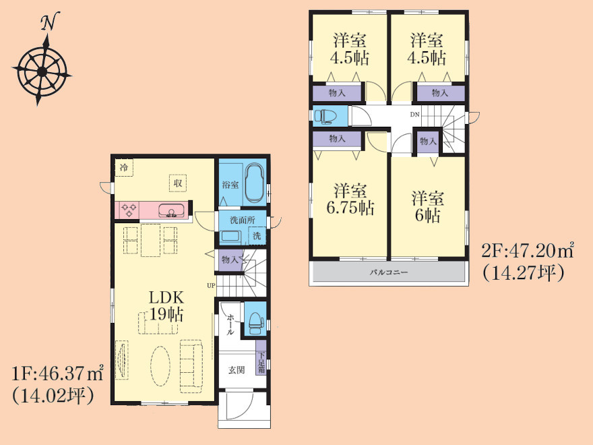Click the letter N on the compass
tap(50, 22)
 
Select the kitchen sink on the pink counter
tap(172, 210)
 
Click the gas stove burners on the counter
tap(129, 210)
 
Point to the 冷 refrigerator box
tap(124, 168)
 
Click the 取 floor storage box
tap(178, 183)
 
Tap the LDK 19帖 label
tap(166, 306)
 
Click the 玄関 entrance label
tap(237, 369)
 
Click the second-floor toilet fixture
tap(325, 116)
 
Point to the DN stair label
tap(415, 115)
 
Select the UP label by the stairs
tap(211, 286)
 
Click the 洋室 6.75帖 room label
tap(350, 200)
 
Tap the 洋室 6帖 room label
tap(428, 206)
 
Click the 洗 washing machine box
tap(257, 235)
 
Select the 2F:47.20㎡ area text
tap(528, 251)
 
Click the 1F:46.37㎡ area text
tap(57, 374)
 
